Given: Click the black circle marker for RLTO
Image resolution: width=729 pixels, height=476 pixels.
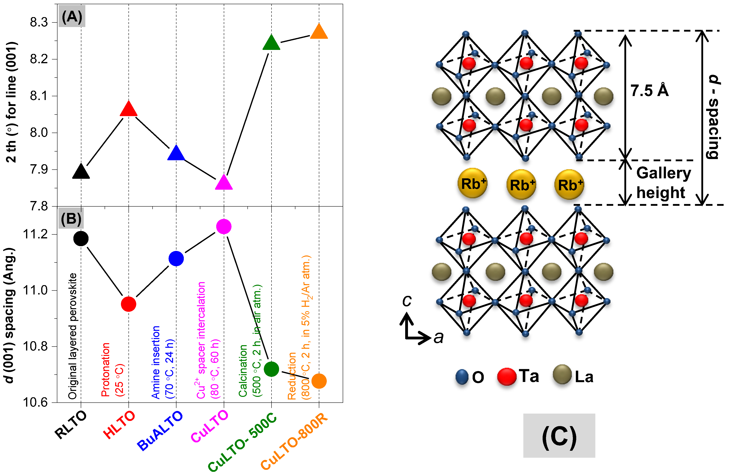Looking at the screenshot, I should (81, 238).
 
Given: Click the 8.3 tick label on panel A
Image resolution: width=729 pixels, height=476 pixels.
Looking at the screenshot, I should (39, 22).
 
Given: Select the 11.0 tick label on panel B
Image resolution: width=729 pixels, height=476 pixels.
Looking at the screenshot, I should (35, 290).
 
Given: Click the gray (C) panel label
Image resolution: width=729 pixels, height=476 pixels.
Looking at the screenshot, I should (559, 436).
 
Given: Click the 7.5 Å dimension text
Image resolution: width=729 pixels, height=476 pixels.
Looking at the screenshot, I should (649, 91).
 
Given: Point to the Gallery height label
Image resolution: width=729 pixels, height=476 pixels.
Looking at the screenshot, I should (663, 183).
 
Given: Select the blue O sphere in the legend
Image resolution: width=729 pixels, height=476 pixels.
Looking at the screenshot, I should (462, 377).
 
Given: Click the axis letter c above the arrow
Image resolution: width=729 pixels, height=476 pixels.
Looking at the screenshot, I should (407, 301).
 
